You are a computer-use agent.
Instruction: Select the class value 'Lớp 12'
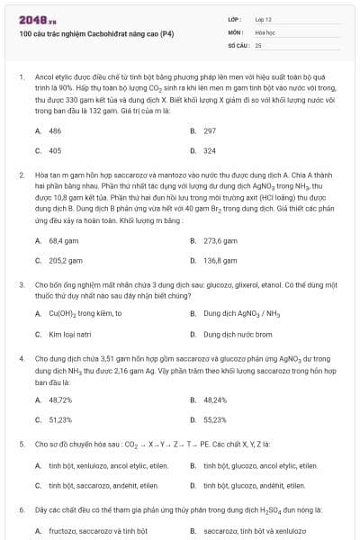pos(263,19)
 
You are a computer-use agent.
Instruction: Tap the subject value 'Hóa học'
pos(265,31)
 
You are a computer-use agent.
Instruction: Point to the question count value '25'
pos(258,44)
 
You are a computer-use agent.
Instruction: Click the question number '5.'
pos(21,444)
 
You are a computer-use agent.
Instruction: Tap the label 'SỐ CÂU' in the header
pos(238,44)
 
